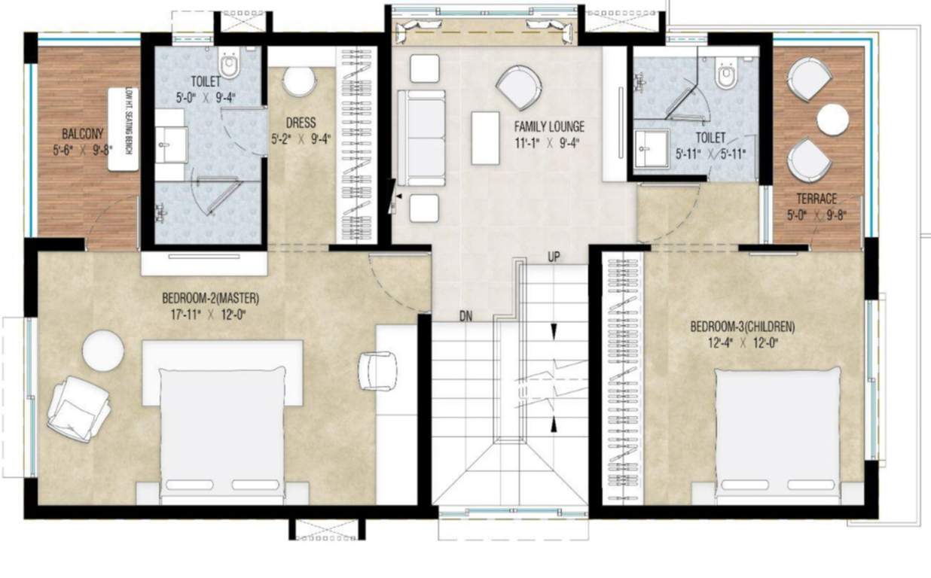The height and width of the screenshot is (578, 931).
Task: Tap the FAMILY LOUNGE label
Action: pyautogui.click(x=549, y=126)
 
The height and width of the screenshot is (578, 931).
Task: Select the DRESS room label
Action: pyautogui.click(x=301, y=123)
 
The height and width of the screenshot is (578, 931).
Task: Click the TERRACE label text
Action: pyautogui.click(x=817, y=199)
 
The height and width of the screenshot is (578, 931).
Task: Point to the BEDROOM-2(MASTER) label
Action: pyautogui.click(x=204, y=298)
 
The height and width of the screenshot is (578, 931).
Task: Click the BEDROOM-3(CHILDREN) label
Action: pyautogui.click(x=742, y=327)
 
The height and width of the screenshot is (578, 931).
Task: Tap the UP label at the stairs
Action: pyautogui.click(x=554, y=257)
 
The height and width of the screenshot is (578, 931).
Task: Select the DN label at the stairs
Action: pyautogui.click(x=465, y=317)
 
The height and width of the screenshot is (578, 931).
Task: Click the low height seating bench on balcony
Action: pyautogui.click(x=124, y=129)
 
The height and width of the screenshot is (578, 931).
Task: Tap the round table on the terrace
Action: pyautogui.click(x=832, y=120)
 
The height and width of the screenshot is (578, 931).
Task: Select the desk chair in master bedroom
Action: pyautogui.click(x=378, y=370)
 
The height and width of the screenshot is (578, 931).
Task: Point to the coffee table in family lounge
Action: pyautogui.click(x=485, y=138)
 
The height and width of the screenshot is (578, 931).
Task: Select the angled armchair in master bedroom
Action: pyautogui.click(x=78, y=408)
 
